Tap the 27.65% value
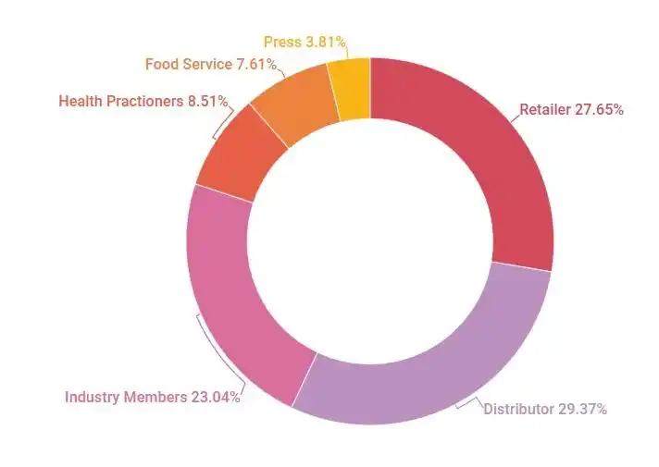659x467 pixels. point(601,109)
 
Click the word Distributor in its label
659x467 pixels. point(518,408)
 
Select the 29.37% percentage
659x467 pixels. point(582,408)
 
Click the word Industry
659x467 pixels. point(92,397)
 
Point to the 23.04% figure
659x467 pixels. point(215,397)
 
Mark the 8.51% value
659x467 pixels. point(207,101)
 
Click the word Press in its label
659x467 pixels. point(281,42)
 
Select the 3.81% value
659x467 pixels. point(326,42)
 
